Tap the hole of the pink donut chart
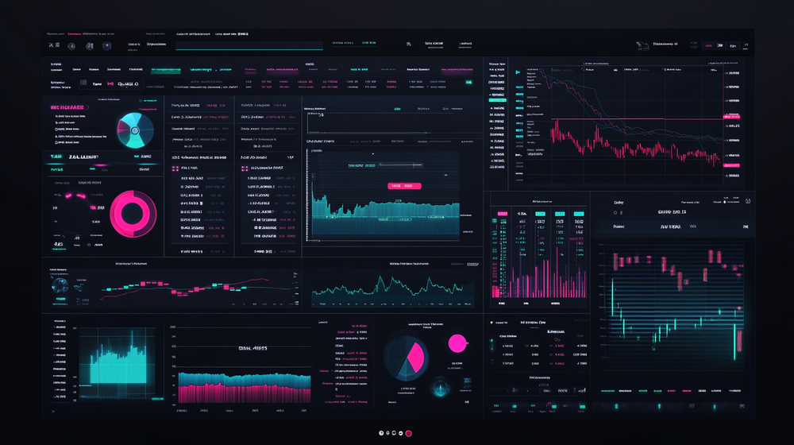(x=133, y=213)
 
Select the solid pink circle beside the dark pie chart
(x=457, y=343)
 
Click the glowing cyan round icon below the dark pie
(x=439, y=389)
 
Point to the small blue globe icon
(x=60, y=290)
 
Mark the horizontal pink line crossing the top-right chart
(x=635, y=119)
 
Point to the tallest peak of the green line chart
(x=384, y=280)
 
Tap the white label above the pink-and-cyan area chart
(x=252, y=348)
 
